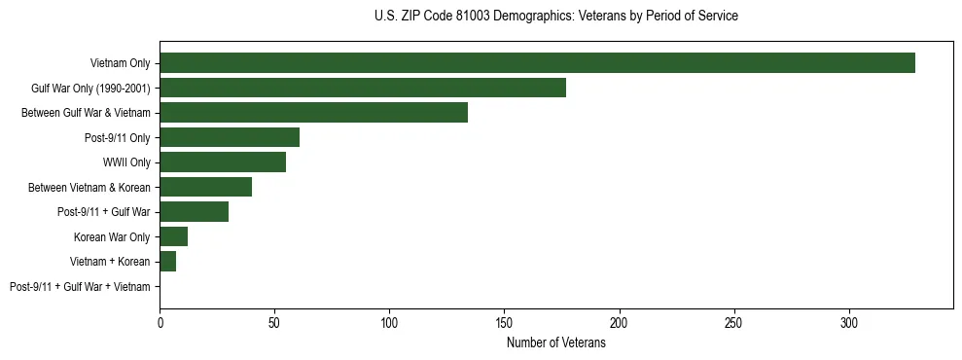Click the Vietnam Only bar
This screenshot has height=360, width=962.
(537, 63)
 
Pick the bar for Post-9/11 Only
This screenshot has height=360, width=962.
(230, 137)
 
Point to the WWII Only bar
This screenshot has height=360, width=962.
(223, 162)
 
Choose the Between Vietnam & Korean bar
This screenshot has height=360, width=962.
(205, 187)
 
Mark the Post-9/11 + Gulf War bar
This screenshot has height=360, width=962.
(194, 212)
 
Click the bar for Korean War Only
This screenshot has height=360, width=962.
(173, 236)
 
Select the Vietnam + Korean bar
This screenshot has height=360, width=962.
(167, 262)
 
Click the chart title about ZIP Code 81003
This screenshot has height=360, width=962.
(555, 17)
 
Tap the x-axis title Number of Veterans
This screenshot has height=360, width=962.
(555, 342)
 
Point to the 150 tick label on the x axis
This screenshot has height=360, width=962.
(504, 322)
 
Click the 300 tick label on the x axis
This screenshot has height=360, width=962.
(848, 322)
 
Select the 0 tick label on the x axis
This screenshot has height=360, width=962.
(160, 322)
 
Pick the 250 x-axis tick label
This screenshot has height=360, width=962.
(733, 322)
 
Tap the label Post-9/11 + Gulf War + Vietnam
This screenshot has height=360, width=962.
(80, 287)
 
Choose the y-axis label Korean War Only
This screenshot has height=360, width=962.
(112, 236)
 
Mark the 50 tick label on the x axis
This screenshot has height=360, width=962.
(274, 322)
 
